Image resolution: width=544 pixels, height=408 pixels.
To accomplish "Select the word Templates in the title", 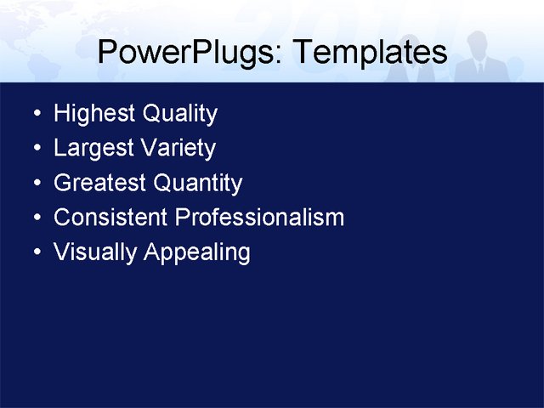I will point(368,53).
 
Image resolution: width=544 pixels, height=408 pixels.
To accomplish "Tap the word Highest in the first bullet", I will point(91,114).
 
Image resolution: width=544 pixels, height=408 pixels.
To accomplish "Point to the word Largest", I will point(89,149).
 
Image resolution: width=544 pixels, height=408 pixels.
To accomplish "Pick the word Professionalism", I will point(259,218).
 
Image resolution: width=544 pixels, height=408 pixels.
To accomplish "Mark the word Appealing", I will point(196,253).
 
